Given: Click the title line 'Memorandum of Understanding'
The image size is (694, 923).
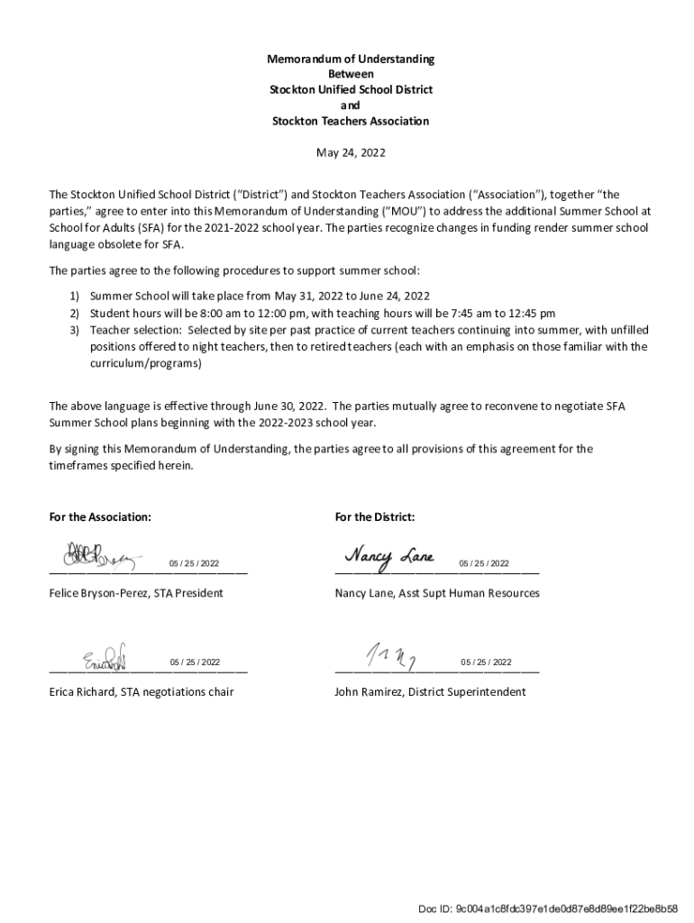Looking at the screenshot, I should pyautogui.click(x=350, y=59).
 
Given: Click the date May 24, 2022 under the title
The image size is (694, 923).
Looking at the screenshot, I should pyautogui.click(x=350, y=153).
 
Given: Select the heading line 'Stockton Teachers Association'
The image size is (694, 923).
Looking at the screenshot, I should pyautogui.click(x=350, y=121).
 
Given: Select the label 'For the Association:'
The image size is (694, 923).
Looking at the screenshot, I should pyautogui.click(x=100, y=517).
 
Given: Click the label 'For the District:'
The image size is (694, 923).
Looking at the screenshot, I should pyautogui.click(x=375, y=517).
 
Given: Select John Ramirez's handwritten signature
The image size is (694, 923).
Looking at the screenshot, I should pyautogui.click(x=388, y=654).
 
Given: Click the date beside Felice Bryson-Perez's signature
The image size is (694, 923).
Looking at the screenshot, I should pyautogui.click(x=195, y=564).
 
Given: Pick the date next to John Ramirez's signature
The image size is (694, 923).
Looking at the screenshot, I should pyautogui.click(x=486, y=663).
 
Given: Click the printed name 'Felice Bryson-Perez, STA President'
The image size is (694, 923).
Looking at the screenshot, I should pyautogui.click(x=136, y=593).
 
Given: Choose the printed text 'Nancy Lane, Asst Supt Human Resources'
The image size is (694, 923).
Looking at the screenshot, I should pyautogui.click(x=437, y=593).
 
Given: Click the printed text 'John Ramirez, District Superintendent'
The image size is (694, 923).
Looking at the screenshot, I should pyautogui.click(x=430, y=692).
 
